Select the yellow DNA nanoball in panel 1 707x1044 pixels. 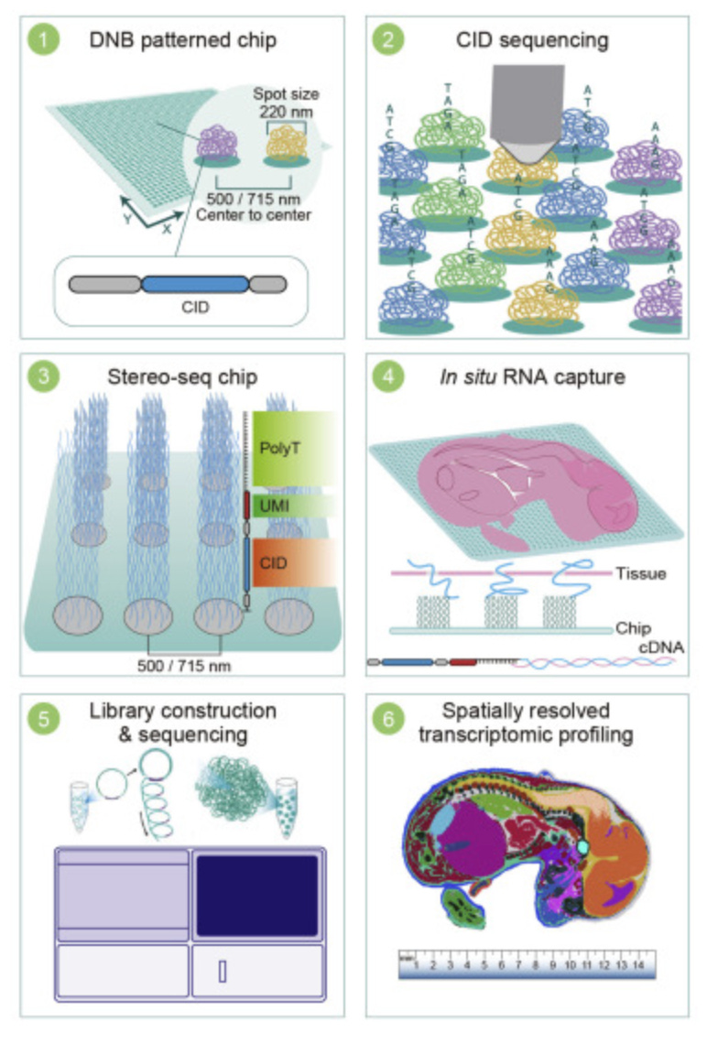(282, 145)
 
